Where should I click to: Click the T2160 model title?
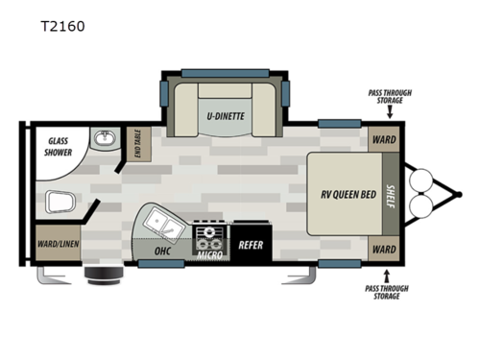click(x=62, y=26)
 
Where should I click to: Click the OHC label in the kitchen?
click(x=163, y=251)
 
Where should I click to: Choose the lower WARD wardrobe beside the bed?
click(x=384, y=249)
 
